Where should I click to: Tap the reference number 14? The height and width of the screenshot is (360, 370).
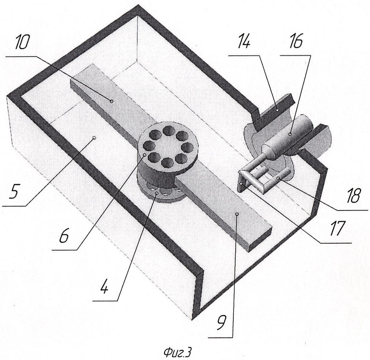pos(243,41)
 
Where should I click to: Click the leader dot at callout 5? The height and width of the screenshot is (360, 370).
pos(95,138)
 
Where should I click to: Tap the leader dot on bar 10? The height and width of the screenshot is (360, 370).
pos(112,101)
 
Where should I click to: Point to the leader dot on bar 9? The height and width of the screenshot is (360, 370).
pos(237,214)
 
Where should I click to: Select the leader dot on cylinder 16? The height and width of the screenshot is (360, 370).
pos(290,134)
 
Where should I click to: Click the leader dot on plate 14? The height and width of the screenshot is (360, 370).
pos(278,109)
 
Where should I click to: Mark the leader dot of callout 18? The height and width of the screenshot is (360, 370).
pos(278,178)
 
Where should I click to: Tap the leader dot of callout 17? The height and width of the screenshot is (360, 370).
pos(241,183)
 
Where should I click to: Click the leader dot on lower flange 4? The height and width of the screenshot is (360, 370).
pos(156,193)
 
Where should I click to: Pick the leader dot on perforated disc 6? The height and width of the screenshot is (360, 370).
pos(144,155)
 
